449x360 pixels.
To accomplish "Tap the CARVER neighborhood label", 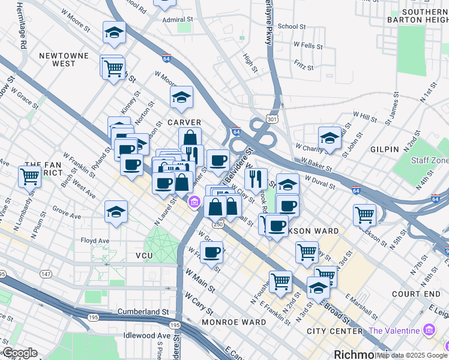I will [184, 122].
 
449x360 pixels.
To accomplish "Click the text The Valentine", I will [394, 331].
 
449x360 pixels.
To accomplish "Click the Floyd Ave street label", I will [95, 241].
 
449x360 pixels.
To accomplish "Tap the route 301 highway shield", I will [273, 119].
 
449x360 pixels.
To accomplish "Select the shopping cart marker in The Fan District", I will [29, 176].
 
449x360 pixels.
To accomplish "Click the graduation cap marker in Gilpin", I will [330, 138].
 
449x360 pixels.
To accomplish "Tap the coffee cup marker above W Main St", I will [211, 252].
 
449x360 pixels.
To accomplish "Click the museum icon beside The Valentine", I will [429, 331].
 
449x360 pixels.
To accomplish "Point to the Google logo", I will [20, 353].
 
